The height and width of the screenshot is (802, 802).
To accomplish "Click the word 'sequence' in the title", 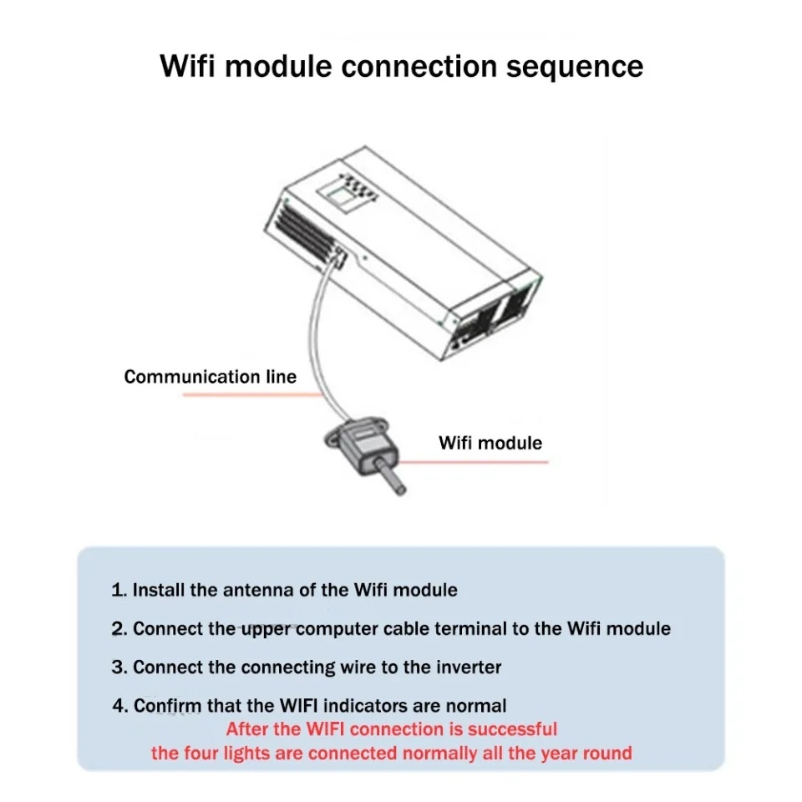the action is [575, 67].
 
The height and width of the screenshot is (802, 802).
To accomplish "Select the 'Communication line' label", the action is [211, 377].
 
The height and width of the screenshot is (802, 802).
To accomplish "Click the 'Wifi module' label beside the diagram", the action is [490, 443].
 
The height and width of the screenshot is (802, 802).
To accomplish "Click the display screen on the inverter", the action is [339, 197].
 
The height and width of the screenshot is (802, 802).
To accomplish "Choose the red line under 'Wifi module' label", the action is [473, 462].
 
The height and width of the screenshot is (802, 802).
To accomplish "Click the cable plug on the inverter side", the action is [338, 257].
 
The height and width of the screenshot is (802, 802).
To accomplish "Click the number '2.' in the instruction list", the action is [119, 628].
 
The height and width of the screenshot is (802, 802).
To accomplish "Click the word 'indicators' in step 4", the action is [365, 706].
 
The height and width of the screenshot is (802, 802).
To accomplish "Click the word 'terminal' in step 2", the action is [470, 628].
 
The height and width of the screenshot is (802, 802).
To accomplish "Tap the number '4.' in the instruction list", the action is [120, 706].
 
